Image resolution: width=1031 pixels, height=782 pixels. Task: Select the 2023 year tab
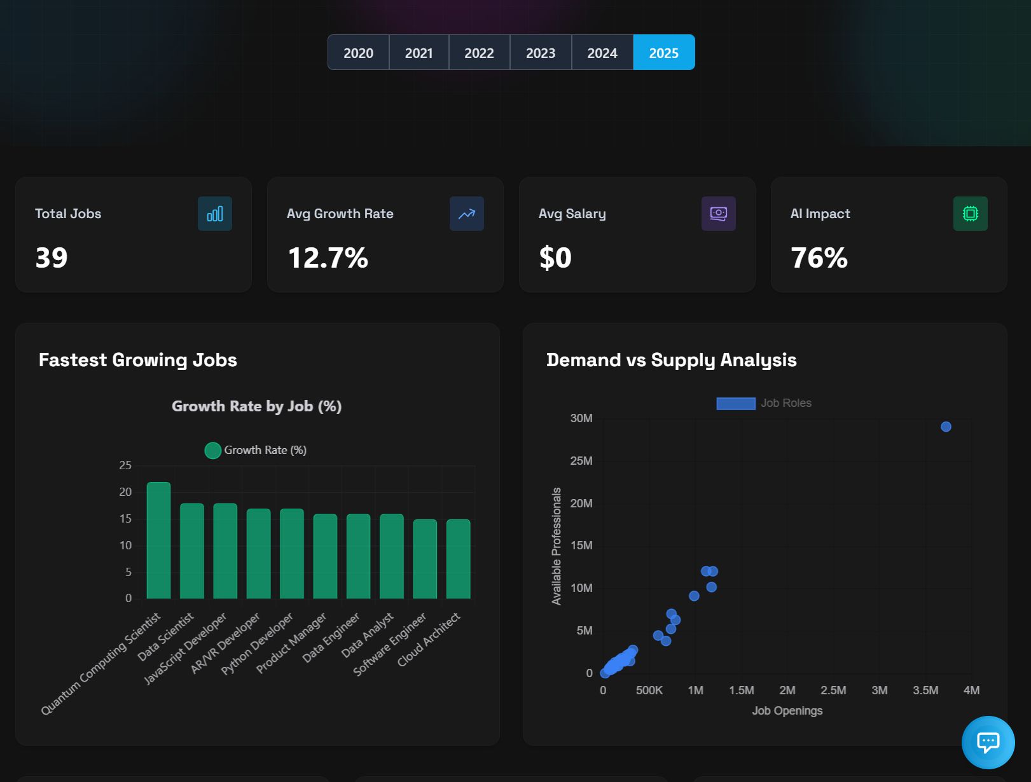point(541,53)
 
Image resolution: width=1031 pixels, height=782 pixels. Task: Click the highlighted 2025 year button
point(663,53)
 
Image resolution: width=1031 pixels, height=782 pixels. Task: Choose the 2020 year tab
point(358,53)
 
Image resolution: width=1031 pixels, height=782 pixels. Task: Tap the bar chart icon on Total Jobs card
point(215,214)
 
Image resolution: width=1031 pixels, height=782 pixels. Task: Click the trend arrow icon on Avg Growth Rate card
point(467,214)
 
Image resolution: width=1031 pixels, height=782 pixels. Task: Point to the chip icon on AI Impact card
point(970,214)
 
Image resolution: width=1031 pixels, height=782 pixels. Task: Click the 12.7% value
point(328,258)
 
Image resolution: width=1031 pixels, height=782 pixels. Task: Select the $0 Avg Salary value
point(555,258)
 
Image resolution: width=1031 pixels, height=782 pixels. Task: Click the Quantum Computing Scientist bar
point(158,540)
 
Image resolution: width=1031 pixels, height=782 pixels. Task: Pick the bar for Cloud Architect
point(458,559)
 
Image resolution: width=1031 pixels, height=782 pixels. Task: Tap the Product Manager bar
point(325,556)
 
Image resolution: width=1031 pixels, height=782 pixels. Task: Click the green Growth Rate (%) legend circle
point(213,450)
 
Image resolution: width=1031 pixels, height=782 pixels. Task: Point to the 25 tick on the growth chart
point(125,465)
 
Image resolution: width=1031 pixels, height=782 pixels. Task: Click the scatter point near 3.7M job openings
point(946,427)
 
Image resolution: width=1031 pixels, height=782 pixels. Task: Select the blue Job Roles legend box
point(736,403)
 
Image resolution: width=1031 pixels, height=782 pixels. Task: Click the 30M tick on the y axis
point(581,418)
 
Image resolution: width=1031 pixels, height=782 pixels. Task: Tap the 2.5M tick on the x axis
point(833,690)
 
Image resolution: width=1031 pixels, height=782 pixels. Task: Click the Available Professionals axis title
point(557,545)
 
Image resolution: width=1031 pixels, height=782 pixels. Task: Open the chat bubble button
point(988,742)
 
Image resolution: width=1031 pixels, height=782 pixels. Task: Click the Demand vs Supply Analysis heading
point(671,360)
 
